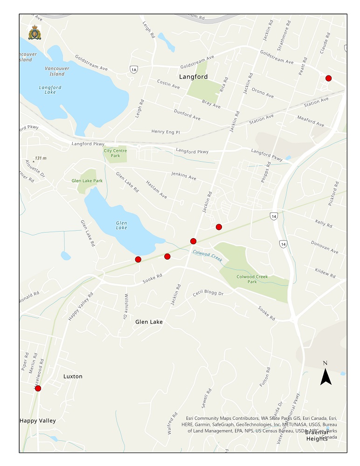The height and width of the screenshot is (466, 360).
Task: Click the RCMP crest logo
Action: tap(35, 33)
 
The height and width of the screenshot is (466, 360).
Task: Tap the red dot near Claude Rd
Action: tap(328, 78)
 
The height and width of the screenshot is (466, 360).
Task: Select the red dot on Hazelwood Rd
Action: tap(38, 388)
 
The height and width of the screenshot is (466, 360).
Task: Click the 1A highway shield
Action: tap(134, 69)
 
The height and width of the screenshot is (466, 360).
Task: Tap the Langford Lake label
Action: tap(47, 89)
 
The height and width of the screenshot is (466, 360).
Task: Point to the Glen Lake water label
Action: tap(121, 225)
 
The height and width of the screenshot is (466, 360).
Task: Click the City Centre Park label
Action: tap(112, 153)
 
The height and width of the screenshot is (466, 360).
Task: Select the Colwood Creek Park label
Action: tap(253, 279)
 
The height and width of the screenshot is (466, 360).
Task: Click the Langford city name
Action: tap(194, 76)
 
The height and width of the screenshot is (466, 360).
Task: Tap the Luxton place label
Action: tap(73, 376)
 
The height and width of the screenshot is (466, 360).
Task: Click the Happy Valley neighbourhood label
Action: tap(38, 420)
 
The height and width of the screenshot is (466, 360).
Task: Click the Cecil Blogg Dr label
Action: tap(208, 294)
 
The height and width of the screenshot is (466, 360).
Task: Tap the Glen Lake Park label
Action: tap(87, 180)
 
